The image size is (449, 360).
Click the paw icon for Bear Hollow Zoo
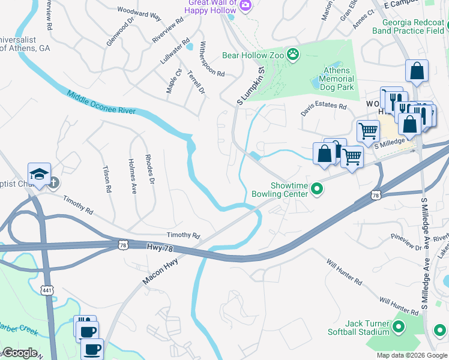click(292, 55)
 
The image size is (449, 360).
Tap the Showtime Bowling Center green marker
click(318, 190)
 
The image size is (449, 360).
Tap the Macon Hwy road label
click(162, 271)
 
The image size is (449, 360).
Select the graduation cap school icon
click(39, 175)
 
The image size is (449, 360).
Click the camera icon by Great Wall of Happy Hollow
click(245, 5)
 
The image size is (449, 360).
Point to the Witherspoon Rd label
click(211, 59)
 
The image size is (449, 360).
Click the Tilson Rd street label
click(107, 179)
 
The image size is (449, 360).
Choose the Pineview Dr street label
click(406, 242)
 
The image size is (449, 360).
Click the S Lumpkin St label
click(251, 86)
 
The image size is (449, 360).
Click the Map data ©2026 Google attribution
click(412, 355)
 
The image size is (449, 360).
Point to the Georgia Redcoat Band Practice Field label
click(408, 25)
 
